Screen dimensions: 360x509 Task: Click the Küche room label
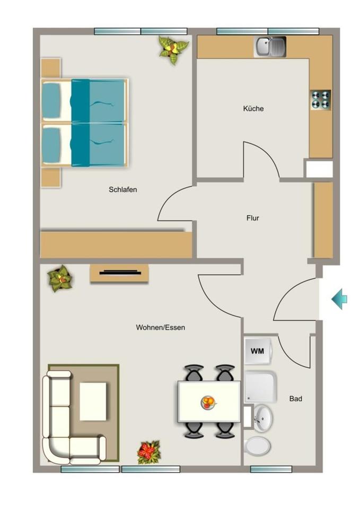pyautogui.click(x=253, y=108)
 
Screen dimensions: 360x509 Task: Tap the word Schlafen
pyautogui.click(x=122, y=190)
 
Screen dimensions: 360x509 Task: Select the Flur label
pyautogui.click(x=252, y=218)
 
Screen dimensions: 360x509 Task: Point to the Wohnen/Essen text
pyautogui.click(x=160, y=327)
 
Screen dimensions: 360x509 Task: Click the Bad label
pyautogui.click(x=295, y=399)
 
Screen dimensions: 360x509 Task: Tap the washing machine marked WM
pyautogui.click(x=258, y=351)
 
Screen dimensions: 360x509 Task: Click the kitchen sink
pyautogui.click(x=270, y=47)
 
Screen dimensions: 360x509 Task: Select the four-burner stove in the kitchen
pyautogui.click(x=321, y=100)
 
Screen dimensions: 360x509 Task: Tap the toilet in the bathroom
pyautogui.click(x=257, y=446)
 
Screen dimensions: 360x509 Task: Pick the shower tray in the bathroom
pyautogui.click(x=261, y=387)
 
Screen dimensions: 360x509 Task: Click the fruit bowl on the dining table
pyautogui.click(x=208, y=403)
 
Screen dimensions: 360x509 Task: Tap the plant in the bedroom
pyautogui.click(x=173, y=49)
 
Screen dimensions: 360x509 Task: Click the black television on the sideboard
pyautogui.click(x=120, y=273)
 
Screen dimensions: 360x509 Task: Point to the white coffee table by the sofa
pyautogui.click(x=93, y=401)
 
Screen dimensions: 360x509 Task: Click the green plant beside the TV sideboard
pyautogui.click(x=60, y=278)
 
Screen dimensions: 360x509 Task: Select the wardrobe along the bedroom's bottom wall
pyautogui.click(x=116, y=245)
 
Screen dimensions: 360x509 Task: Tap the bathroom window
pyautogui.click(x=271, y=469)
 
